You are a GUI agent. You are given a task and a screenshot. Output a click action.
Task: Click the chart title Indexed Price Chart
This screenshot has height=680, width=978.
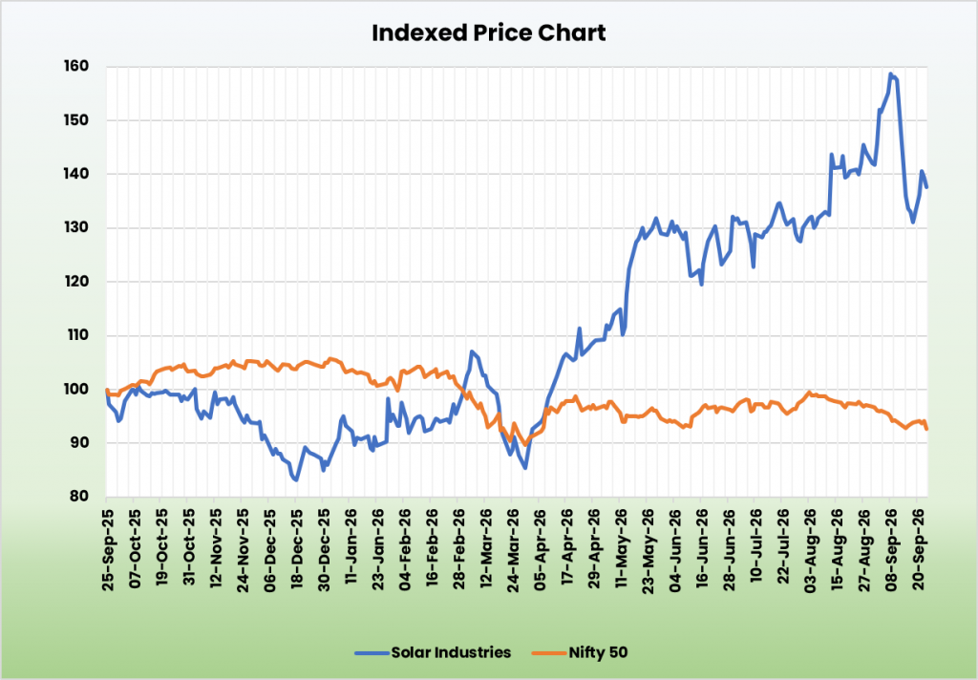tap(488, 33)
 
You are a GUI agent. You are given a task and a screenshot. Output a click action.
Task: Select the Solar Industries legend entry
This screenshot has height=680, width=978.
tap(433, 652)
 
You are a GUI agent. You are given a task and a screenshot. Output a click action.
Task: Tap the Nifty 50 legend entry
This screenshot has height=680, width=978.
tap(580, 652)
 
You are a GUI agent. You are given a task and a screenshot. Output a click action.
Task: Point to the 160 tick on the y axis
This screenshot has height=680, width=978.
tap(76, 66)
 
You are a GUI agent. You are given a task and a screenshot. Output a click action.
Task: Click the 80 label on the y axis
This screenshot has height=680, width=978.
tap(79, 497)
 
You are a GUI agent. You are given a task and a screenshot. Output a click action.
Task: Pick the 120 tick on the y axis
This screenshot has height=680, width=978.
tap(76, 282)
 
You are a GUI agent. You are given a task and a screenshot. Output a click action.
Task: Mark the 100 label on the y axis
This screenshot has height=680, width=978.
tap(76, 390)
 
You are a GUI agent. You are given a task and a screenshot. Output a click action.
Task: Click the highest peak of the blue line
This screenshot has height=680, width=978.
tap(891, 74)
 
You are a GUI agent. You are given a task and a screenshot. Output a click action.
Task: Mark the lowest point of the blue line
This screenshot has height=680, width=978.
tap(296, 479)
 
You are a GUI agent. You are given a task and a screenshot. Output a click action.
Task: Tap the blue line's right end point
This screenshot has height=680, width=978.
tap(926, 187)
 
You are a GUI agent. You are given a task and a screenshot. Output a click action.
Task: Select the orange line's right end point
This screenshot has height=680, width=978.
tap(926, 429)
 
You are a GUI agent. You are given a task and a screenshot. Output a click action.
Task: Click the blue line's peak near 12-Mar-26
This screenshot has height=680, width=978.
tap(472, 351)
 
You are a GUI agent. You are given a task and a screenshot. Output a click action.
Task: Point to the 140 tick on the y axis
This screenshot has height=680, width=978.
tap(76, 174)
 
